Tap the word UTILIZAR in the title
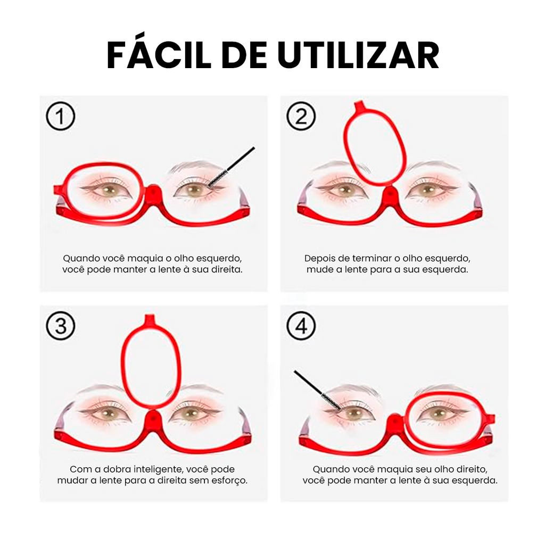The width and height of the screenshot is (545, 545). pyautogui.click(x=358, y=55)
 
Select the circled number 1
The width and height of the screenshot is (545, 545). pyautogui.click(x=61, y=116)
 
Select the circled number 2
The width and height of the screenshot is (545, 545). pyautogui.click(x=301, y=116)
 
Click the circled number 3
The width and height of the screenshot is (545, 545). pyautogui.click(x=61, y=326)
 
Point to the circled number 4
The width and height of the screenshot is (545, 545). pyautogui.click(x=301, y=326)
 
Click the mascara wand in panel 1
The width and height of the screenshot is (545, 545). pyautogui.click(x=232, y=167)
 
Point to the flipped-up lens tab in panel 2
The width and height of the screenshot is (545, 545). pyautogui.click(x=359, y=105)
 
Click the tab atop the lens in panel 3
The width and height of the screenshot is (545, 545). pyautogui.click(x=150, y=318)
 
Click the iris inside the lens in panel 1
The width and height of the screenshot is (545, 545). pyautogui.click(x=109, y=190)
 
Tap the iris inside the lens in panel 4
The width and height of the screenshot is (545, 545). pyautogui.click(x=439, y=414)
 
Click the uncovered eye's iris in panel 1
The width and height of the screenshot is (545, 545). pyautogui.click(x=194, y=190)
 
